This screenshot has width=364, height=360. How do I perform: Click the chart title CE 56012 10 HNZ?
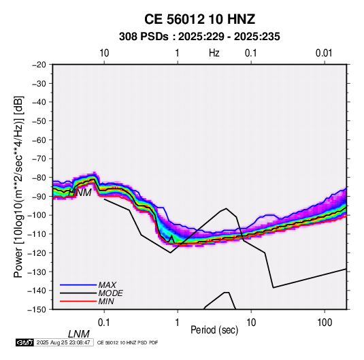(199, 19)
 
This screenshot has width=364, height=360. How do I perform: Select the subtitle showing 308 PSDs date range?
(199, 37)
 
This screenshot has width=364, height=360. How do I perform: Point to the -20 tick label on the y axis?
(39, 65)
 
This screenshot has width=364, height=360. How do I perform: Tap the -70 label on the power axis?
(39, 159)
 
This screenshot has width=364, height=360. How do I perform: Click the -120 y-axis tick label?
(37, 252)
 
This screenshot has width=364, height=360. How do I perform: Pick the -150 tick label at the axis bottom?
(37, 310)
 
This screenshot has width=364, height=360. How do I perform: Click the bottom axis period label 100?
(325, 323)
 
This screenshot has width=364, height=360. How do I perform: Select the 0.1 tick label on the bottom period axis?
(104, 323)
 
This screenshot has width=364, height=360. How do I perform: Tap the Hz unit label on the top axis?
(214, 53)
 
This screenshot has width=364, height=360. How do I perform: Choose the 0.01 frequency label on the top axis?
(324, 53)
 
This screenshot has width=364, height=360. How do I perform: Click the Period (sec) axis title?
(214, 330)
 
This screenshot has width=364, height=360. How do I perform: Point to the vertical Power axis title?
(18, 186)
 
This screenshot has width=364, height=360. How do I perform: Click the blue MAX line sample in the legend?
(78, 285)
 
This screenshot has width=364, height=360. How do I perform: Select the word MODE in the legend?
(110, 293)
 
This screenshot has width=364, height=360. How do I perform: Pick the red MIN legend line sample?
(78, 301)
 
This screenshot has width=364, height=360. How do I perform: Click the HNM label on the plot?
(80, 193)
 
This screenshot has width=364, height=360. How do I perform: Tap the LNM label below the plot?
(79, 334)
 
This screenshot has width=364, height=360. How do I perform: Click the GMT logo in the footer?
(25, 342)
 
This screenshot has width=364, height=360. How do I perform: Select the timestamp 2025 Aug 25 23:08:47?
(63, 342)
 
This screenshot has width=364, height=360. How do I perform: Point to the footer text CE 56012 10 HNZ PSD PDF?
(127, 342)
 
